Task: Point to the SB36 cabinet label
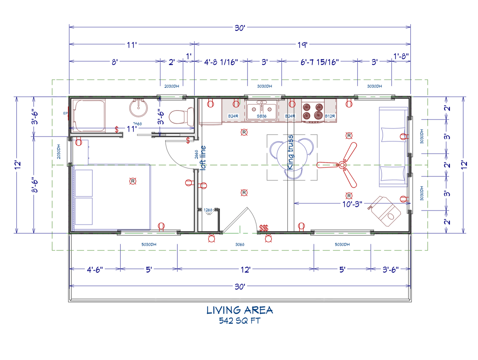point(262,116)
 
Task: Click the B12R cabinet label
point(330,116)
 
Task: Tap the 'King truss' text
point(290,152)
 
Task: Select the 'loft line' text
point(203,158)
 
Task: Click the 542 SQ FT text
point(239,321)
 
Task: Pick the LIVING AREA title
point(239,310)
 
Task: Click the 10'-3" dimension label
point(352,204)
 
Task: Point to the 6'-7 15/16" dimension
point(320,62)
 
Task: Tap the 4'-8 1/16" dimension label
point(221,62)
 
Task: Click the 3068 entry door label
point(240,245)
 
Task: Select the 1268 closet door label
point(208,210)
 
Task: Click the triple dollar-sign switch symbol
point(264,228)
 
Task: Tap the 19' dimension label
point(302,45)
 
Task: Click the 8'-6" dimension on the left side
point(35,185)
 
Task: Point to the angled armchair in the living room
point(385,211)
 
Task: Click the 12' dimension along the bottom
point(245,270)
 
